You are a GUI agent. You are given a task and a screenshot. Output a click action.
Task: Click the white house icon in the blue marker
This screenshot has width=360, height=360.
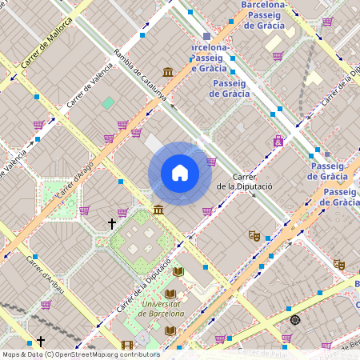tap(180, 173)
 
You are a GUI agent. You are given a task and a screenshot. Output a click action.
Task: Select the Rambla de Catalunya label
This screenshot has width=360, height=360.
tap(140, 78)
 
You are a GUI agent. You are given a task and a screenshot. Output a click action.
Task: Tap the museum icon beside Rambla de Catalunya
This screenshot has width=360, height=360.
tap(168, 73)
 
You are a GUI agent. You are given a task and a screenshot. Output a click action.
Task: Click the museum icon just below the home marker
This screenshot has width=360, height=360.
tap(159, 210)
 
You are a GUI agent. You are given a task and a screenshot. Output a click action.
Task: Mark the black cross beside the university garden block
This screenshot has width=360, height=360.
tap(112, 224)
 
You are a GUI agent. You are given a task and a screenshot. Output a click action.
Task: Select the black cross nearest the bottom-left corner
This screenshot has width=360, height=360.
tap(41, 341)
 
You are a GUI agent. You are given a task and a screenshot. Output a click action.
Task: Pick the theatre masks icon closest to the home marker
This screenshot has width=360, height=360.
tap(255, 235)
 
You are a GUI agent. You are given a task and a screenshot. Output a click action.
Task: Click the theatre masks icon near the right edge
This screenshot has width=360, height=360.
tap(339, 263)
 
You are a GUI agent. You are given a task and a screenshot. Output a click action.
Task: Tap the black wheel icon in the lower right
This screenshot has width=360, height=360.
tap(295, 320)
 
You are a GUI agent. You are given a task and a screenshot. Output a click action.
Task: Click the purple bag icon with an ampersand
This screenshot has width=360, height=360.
tap(278, 142)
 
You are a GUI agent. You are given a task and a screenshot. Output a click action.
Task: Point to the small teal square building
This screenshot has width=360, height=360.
tap(108, 102)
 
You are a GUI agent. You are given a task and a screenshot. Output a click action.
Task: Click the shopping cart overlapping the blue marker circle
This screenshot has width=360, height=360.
tap(211, 161)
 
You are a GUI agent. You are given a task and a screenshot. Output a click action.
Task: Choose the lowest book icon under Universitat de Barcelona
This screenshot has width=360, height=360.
tap(170, 330)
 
